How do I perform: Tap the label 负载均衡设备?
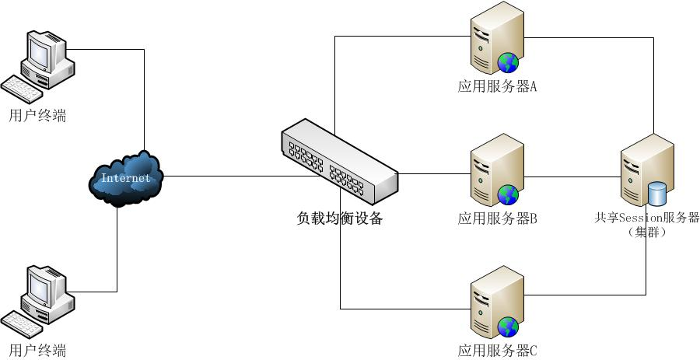[x=340, y=218]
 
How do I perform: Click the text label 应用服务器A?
[x=498, y=86]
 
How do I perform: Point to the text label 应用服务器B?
[x=498, y=218]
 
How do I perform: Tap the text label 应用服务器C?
[x=498, y=351]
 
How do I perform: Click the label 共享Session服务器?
[x=646, y=218]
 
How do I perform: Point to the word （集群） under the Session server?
[x=646, y=232]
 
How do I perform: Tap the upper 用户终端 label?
[x=37, y=116]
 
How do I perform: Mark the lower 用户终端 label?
[x=37, y=350]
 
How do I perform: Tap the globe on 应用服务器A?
[x=509, y=61]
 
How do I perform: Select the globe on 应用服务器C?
[x=509, y=326]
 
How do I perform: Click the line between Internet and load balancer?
[x=226, y=176]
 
